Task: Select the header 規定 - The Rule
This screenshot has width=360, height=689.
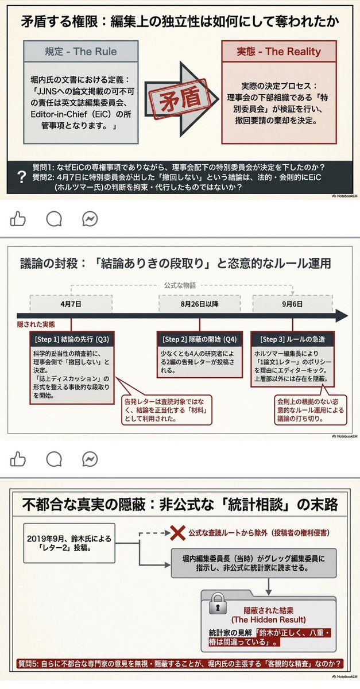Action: pyautogui.click(x=82, y=52)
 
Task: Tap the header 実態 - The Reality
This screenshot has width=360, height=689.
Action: pyautogui.click(x=278, y=52)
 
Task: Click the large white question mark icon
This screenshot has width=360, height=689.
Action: pyautogui.click(x=22, y=177)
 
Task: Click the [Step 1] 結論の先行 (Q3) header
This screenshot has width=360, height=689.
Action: pyautogui.click(x=71, y=339)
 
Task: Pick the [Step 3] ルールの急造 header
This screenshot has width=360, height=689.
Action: pyautogui.click(x=292, y=339)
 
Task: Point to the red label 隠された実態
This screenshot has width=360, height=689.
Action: pyautogui.click(x=36, y=324)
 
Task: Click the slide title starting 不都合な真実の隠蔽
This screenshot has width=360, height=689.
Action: pyautogui.click(x=180, y=505)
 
